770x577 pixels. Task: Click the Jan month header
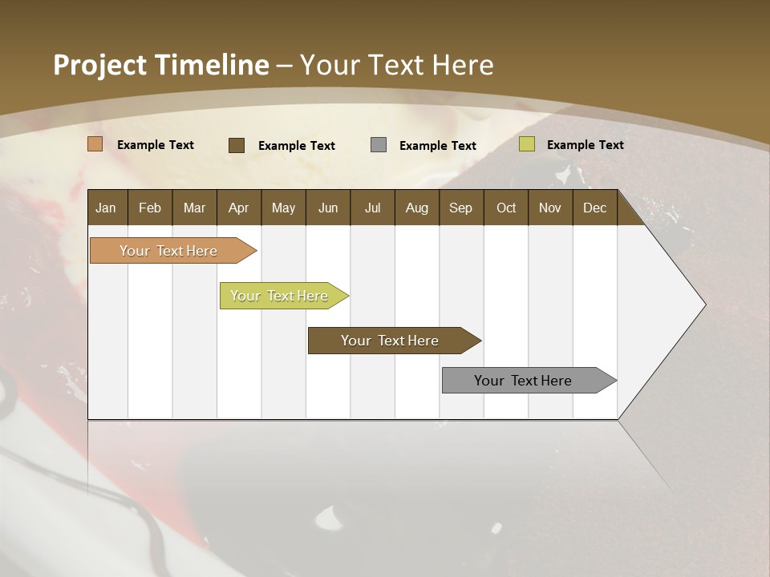[x=106, y=208]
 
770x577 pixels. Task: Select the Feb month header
[x=150, y=208]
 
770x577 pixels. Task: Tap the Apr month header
[x=238, y=208]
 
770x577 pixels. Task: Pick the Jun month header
[x=328, y=208]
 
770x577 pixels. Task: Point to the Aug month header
[x=416, y=208]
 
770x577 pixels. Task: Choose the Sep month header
[x=460, y=208]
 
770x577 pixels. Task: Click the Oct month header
[x=506, y=208]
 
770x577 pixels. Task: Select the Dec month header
[x=594, y=208]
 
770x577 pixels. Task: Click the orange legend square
[x=95, y=144]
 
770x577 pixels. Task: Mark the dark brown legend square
[x=237, y=145]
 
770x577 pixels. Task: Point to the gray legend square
[x=379, y=145]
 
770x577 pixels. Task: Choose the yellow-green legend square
[x=527, y=144]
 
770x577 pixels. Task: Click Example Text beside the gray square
[x=438, y=146]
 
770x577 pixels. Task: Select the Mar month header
[x=194, y=208]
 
